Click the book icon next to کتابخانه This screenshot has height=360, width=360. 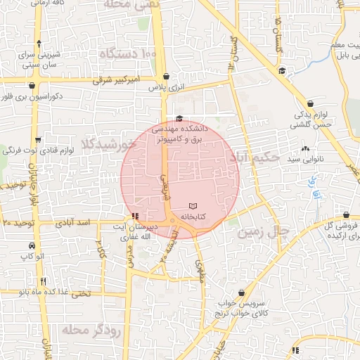193,206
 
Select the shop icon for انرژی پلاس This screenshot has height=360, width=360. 166,77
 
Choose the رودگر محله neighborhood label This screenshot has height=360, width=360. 92,329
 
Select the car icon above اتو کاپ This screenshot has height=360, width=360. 32,246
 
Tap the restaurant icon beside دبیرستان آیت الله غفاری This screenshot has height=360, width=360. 135,216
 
